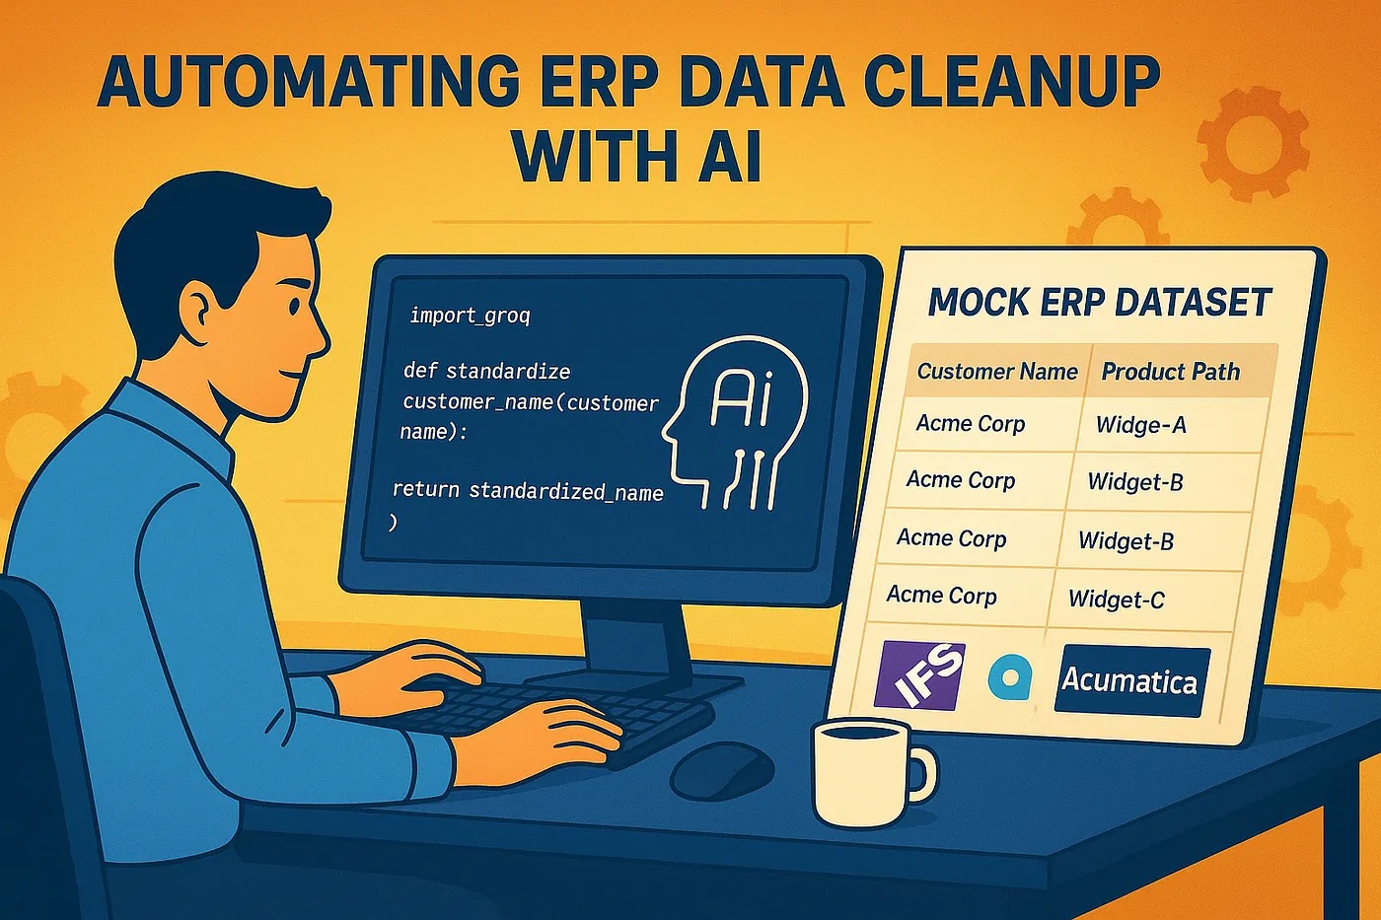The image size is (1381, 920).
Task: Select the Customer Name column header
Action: (x=997, y=371)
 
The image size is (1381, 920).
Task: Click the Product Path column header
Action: (x=1170, y=372)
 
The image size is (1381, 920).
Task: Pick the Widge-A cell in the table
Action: (x=1140, y=425)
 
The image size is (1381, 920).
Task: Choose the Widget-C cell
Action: (x=1116, y=599)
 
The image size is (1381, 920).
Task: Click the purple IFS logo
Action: (x=919, y=676)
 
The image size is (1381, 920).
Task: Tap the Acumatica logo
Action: (x=1131, y=681)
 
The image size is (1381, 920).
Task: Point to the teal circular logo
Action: (x=1009, y=676)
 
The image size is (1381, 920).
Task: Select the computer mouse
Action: (x=721, y=771)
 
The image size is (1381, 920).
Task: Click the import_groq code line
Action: (x=470, y=317)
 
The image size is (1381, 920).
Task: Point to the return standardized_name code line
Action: (x=528, y=490)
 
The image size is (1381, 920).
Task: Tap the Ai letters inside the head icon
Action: (x=741, y=397)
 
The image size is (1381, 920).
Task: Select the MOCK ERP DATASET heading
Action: (x=1099, y=302)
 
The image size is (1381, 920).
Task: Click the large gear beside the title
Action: (x=1253, y=144)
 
